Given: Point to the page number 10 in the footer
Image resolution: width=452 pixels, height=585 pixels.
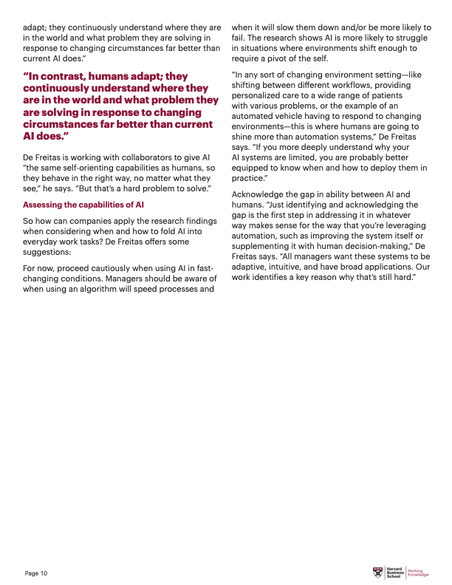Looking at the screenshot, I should [44, 573].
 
